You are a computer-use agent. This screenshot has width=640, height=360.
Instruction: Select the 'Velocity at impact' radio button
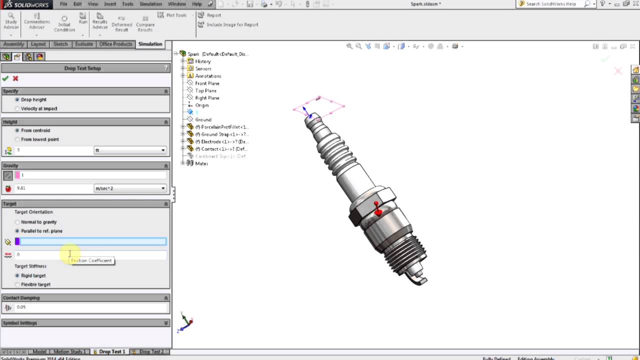coord(17,108)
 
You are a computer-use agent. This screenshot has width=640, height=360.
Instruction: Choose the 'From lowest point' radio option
coord(17,139)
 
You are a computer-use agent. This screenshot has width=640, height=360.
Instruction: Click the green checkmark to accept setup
coord(5,78)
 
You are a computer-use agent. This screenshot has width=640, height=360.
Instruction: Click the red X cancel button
coord(15,78)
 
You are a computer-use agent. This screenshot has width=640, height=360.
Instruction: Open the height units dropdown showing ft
coord(130,150)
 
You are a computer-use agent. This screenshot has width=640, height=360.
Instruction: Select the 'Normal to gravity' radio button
coord(17,222)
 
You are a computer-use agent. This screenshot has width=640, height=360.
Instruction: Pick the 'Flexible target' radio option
coord(17,284)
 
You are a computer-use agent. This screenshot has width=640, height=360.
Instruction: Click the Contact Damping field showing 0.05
coord(90,307)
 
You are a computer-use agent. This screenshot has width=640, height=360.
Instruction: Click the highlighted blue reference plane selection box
coord(92,241)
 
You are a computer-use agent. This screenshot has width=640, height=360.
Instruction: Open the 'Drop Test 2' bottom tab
coord(150,352)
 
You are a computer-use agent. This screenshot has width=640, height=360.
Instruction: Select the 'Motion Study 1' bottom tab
coord(69,352)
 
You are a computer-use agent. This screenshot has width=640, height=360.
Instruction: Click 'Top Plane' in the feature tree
coord(205,90)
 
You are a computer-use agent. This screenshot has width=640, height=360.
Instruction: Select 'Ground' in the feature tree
coord(203,119)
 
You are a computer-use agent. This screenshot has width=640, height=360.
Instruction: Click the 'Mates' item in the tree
coord(201,163)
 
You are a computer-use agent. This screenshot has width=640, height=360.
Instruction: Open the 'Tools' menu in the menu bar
coord(127,4)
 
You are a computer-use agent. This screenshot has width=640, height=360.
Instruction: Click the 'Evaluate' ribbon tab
coord(83,44)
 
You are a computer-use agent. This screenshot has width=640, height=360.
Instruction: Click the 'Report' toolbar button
coord(213,15)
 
